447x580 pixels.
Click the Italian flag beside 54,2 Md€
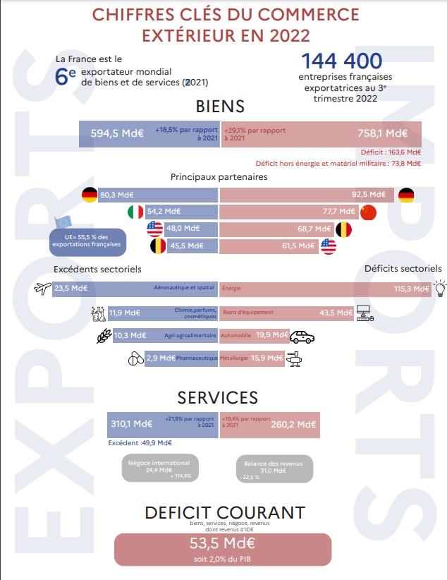click(135, 212)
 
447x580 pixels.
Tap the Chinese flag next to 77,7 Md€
click(368, 212)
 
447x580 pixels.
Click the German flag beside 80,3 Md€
click(90, 195)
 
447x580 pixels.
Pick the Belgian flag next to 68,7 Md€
click(343, 229)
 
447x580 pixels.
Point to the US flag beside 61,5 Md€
click(328, 246)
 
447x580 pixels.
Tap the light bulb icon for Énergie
click(439, 288)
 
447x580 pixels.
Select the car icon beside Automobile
click(302, 336)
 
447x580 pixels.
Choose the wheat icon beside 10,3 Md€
click(104, 336)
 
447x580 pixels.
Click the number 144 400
click(341, 62)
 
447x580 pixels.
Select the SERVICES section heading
click(217, 398)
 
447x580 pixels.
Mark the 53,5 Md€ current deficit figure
click(222, 543)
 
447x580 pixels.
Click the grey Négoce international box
click(159, 468)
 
